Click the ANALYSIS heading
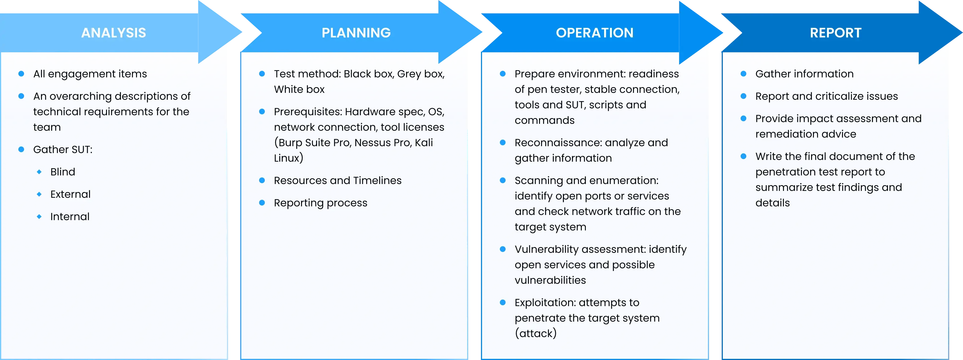(x=114, y=33)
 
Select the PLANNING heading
(x=356, y=33)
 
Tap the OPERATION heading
(x=594, y=33)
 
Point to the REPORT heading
(x=835, y=33)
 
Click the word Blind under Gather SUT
(x=63, y=172)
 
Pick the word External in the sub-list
(x=70, y=194)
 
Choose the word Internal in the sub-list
(x=70, y=217)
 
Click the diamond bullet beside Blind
(x=39, y=172)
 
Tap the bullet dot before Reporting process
(x=262, y=203)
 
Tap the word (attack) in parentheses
(x=535, y=333)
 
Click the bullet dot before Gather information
(x=743, y=74)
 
